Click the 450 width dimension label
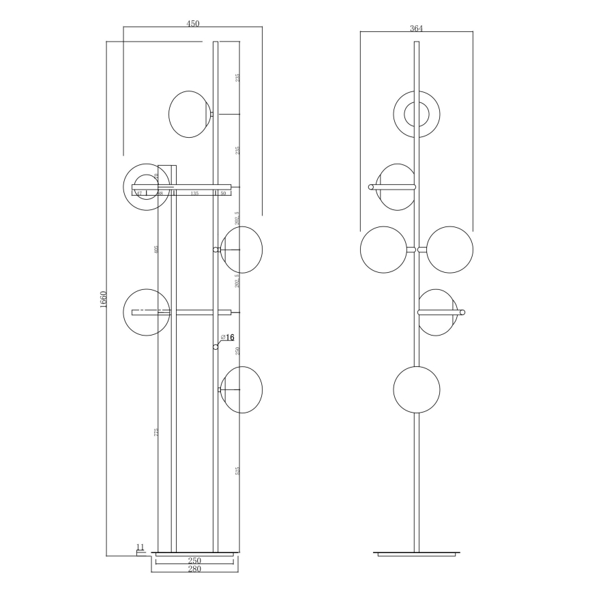click(x=193, y=23)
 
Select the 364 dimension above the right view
click(x=416, y=29)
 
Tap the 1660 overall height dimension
click(x=103, y=299)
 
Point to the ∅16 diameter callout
click(x=227, y=338)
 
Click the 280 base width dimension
click(x=194, y=568)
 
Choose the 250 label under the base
click(x=194, y=560)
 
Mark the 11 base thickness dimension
click(x=140, y=546)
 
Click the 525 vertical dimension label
click(x=237, y=471)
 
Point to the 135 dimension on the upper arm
click(x=194, y=194)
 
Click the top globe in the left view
click(x=190, y=114)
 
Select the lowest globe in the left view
click(x=241, y=389)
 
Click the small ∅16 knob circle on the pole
click(x=216, y=347)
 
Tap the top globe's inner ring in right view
click(x=417, y=114)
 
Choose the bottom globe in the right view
click(x=416, y=389)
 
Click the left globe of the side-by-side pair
click(x=383, y=250)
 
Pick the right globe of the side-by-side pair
click(x=449, y=250)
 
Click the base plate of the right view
click(x=416, y=552)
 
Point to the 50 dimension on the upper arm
click(x=223, y=194)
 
